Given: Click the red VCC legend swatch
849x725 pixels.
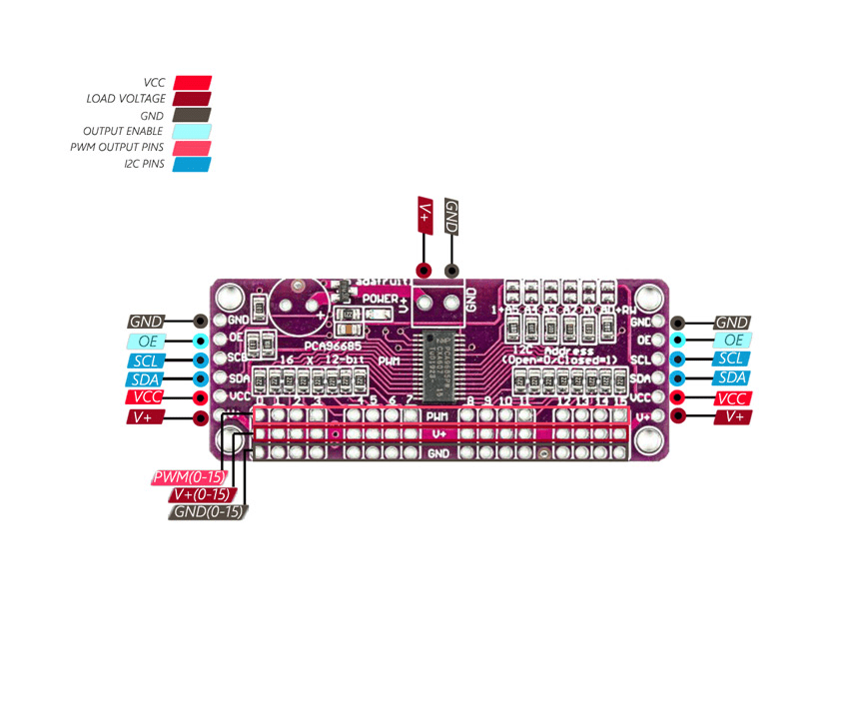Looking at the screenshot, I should point(192,83).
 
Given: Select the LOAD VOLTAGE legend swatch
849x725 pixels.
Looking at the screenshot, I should point(192,99).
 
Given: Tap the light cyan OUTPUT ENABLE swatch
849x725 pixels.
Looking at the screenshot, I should point(192,131).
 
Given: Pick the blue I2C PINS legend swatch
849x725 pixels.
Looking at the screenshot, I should point(192,164).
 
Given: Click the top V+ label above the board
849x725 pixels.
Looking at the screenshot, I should point(424,216).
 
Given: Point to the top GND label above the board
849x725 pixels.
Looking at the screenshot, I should point(451,216).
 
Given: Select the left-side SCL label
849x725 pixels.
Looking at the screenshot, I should point(146,360).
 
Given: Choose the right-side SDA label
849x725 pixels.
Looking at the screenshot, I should point(732,377).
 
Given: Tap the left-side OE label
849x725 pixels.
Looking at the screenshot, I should point(146,341).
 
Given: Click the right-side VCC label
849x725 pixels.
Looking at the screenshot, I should point(732,397).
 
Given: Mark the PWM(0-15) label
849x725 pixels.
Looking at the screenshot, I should point(188,477).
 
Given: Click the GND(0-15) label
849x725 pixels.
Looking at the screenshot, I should point(208,512).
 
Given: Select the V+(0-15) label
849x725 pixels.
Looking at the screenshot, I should point(201,494).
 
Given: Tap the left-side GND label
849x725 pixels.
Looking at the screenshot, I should point(146,322).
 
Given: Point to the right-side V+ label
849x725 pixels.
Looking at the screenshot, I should point(733,416).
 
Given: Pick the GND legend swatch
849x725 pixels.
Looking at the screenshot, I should point(192,115).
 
